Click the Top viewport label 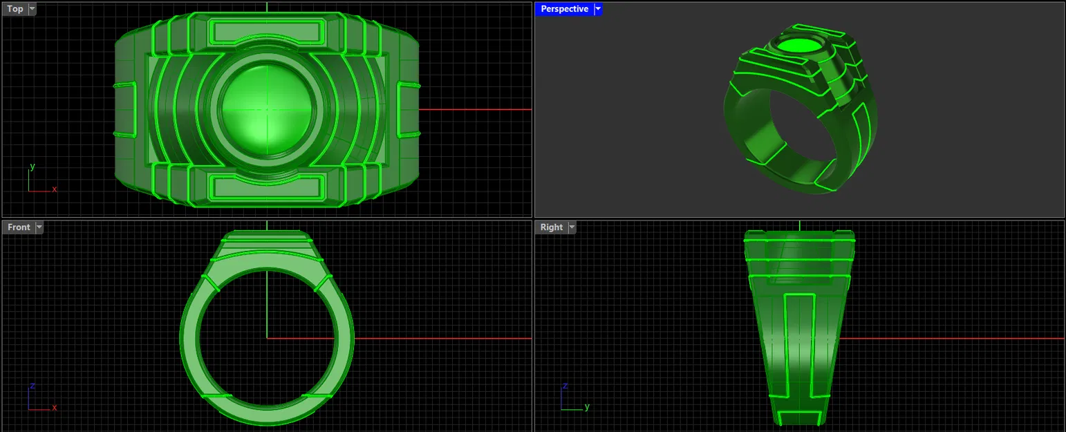coord(15,9)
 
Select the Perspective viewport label coord(564,9)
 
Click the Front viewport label coord(19,227)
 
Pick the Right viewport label coord(551,227)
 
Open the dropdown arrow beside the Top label coord(32,9)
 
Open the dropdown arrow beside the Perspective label coord(598,9)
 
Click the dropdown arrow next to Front coord(39,227)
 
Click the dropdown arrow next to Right coord(572,227)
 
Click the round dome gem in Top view coord(266,109)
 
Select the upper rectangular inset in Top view coord(266,32)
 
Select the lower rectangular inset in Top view coord(266,187)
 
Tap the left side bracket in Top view coord(125,109)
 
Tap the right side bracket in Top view coord(409,109)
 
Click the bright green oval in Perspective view coord(800,46)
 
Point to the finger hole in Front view coord(266,338)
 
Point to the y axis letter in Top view coord(32,167)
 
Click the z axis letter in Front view coord(32,386)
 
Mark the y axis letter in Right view coord(586,406)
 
